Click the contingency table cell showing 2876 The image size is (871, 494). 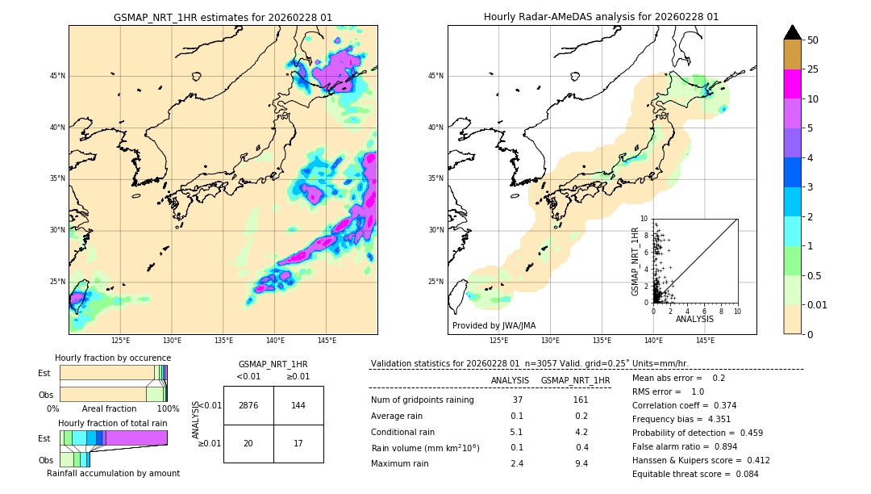(248, 405)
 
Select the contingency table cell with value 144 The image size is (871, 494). (298, 405)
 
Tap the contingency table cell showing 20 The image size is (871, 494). (248, 443)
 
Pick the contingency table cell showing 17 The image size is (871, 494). (298, 443)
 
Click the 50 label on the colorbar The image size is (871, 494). (813, 40)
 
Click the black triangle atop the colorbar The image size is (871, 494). (793, 32)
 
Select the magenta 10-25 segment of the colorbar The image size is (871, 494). (793, 84)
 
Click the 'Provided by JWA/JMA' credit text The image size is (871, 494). (494, 325)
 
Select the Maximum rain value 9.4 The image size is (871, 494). (580, 463)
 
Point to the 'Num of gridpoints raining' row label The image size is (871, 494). (423, 400)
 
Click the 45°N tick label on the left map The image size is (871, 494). (57, 76)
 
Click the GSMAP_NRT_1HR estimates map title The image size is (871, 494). (223, 17)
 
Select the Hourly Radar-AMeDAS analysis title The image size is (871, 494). (601, 17)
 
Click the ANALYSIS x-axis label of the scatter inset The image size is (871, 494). (694, 319)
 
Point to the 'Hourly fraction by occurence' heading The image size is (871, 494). (113, 358)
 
